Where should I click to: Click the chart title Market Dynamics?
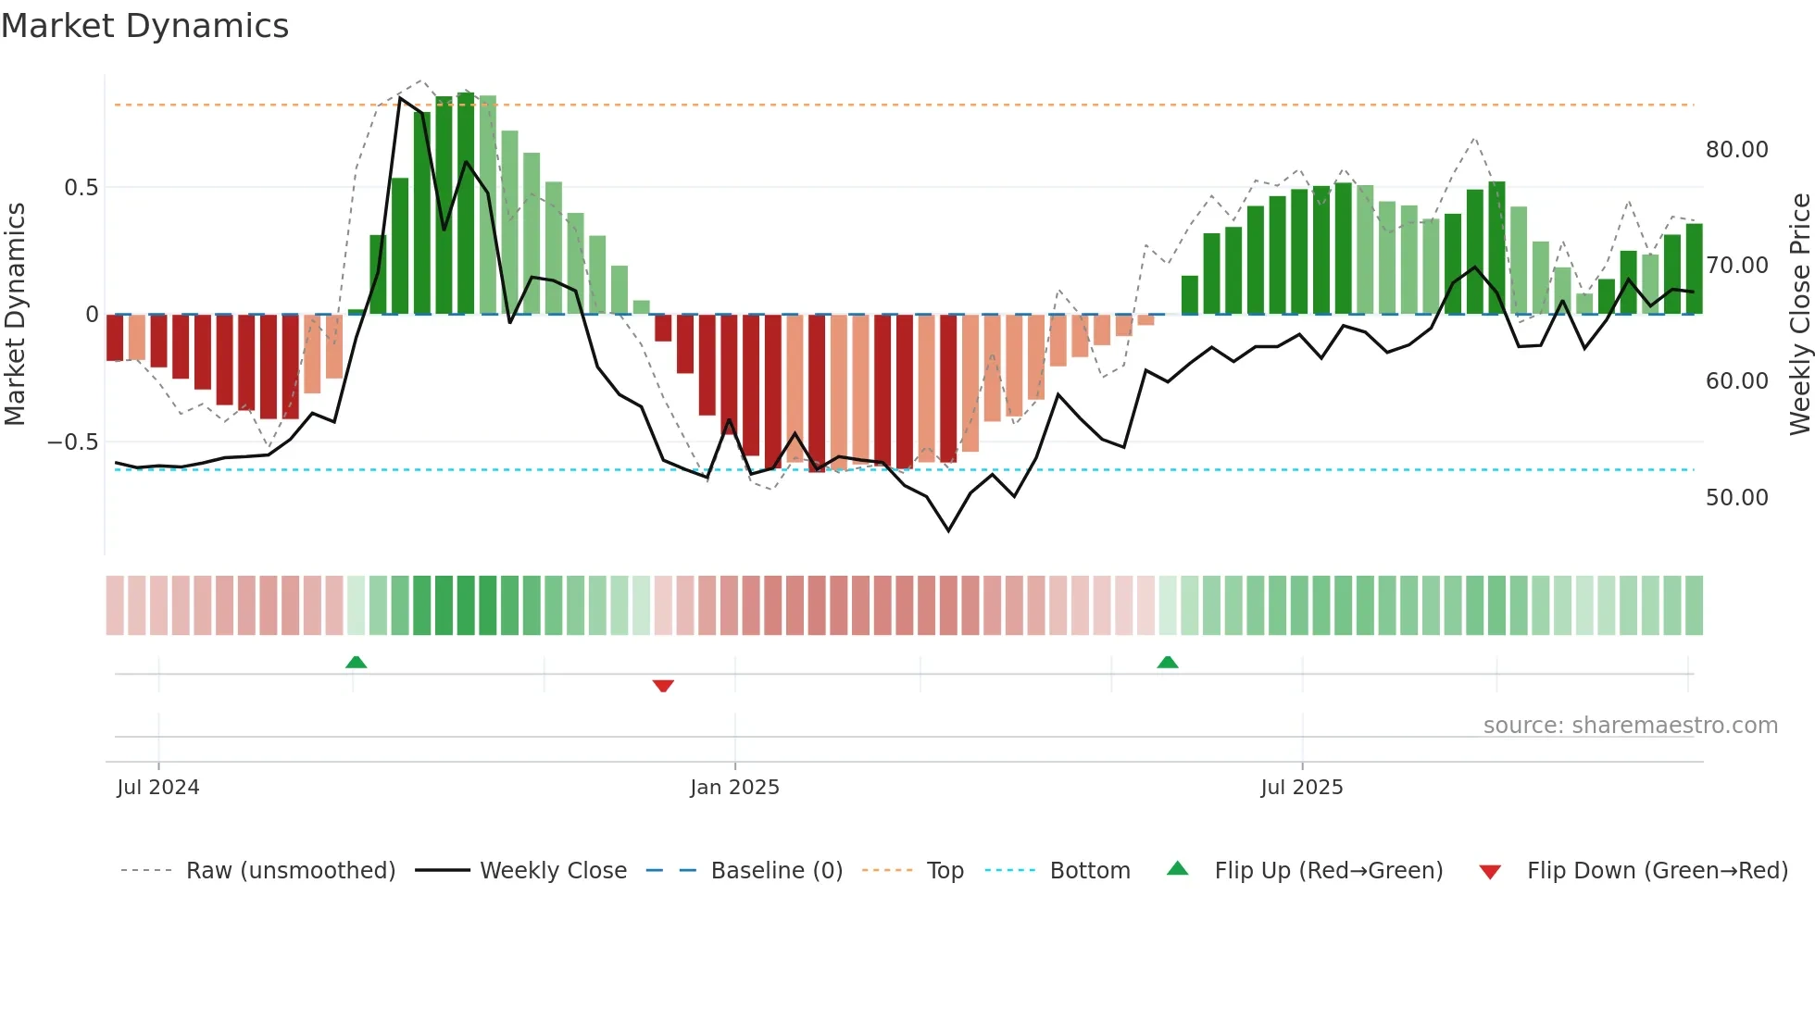144,26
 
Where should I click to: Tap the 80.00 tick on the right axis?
1736,150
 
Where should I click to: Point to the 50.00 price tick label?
1736,498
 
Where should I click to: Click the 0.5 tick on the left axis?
81,188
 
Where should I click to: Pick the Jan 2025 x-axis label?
734,788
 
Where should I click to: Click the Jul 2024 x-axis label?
157,788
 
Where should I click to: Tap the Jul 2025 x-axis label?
1301,788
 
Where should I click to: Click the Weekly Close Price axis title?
1799,315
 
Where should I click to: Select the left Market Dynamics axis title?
15,315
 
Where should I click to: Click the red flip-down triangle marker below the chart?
663,686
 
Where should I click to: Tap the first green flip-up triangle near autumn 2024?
356,662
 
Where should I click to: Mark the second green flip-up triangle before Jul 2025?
1168,662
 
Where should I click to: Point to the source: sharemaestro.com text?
1630,726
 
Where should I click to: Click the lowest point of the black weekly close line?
948,530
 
